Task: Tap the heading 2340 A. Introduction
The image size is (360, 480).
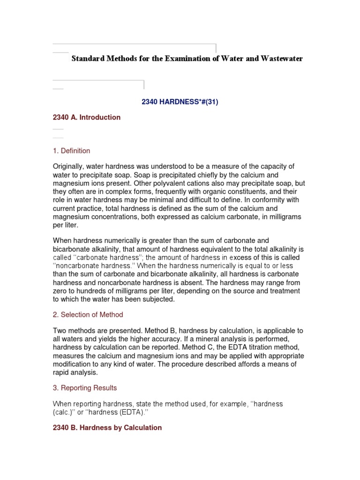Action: click(x=87, y=117)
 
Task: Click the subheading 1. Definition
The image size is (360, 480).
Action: click(x=71, y=150)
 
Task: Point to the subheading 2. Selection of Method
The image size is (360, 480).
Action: click(x=88, y=315)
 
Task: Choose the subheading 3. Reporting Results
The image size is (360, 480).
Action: click(x=85, y=388)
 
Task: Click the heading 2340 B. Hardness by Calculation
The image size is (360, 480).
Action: click(x=107, y=427)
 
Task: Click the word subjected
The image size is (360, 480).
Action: click(x=158, y=299)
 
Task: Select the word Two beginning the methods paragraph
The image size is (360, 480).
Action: click(x=60, y=331)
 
